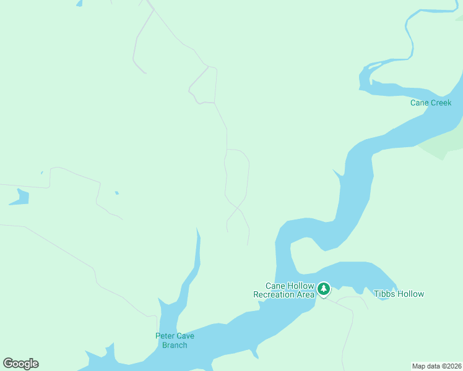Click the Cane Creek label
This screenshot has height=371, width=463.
(431, 103)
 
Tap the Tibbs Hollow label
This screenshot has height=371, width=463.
(399, 294)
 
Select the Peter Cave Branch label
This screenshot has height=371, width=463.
(175, 340)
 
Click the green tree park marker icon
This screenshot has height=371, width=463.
(323, 289)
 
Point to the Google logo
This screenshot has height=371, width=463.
(20, 364)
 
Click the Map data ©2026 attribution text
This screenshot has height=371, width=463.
(436, 366)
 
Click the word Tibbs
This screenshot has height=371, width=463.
(384, 294)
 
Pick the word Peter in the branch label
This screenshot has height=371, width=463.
(165, 336)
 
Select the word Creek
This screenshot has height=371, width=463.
(441, 103)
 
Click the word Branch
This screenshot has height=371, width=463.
(175, 345)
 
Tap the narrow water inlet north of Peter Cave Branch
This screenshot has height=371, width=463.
(197, 254)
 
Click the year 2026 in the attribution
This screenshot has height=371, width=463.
(453, 366)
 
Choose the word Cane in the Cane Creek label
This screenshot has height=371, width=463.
(420, 103)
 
